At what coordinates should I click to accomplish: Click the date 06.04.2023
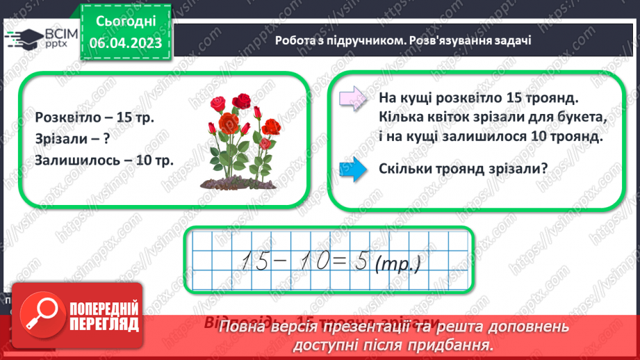(125, 44)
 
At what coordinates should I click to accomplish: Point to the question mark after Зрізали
(106, 139)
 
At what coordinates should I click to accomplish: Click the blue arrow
(353, 169)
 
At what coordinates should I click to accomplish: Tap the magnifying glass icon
(41, 316)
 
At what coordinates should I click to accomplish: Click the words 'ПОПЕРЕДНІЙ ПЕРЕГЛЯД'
(103, 317)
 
